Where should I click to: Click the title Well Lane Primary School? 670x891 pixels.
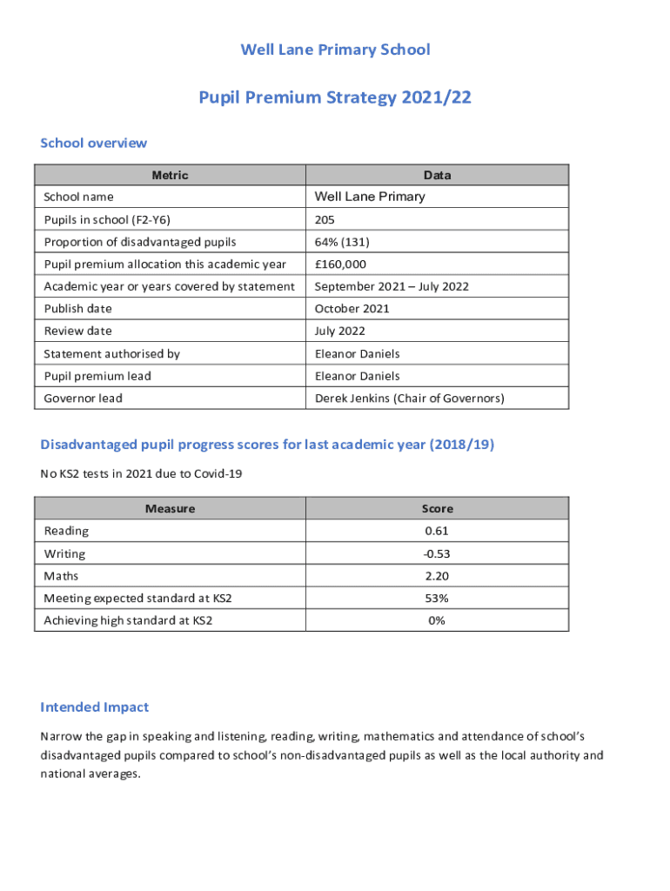coord(335,50)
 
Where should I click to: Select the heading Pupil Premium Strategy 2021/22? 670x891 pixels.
coord(335,97)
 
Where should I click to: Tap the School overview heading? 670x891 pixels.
coord(94,143)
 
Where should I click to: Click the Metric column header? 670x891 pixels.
coord(170,175)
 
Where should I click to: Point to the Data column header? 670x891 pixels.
coord(437,175)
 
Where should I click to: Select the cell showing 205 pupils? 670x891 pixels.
coord(325,219)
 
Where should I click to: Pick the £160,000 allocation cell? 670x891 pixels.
coord(340,265)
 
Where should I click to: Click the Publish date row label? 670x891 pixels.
coord(78,309)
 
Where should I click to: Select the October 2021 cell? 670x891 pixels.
coord(352,309)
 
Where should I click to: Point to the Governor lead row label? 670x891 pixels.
coord(84,399)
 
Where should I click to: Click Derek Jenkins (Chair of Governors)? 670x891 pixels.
coord(409,399)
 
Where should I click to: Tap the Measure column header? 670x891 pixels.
coord(170,508)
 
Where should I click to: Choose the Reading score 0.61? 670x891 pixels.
coord(437,531)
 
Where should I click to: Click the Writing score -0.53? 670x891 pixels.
coord(437,553)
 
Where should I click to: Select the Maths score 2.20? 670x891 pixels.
coord(437,576)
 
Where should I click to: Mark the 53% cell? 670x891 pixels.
coord(437,599)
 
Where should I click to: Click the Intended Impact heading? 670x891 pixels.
coord(94,707)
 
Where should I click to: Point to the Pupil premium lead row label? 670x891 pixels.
coord(97,376)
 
